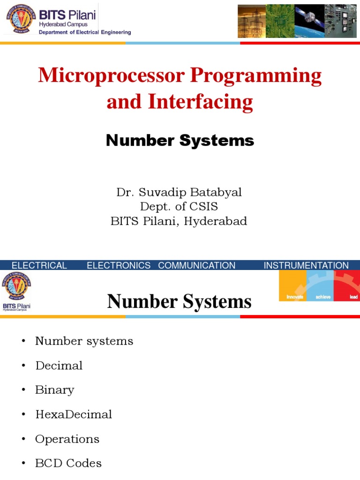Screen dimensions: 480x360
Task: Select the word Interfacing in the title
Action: tap(201, 101)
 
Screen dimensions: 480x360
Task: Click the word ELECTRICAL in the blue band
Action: tap(39, 265)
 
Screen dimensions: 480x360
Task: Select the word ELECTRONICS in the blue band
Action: tap(119, 265)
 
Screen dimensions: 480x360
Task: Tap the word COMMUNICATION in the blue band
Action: tap(197, 265)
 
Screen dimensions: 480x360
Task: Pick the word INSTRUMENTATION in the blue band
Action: tap(306, 265)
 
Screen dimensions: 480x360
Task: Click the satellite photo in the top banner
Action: tap(309, 21)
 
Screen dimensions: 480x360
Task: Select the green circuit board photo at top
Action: tap(280, 21)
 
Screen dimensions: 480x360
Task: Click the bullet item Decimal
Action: tap(59, 366)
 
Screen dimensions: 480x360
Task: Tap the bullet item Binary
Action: tap(54, 390)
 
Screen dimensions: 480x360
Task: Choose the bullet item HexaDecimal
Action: tap(74, 414)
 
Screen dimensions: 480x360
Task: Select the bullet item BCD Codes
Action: tap(68, 463)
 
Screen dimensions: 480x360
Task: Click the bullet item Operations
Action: tap(67, 439)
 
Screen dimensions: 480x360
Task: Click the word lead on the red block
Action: tap(353, 297)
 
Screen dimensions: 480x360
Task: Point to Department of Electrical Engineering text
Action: tap(84, 32)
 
